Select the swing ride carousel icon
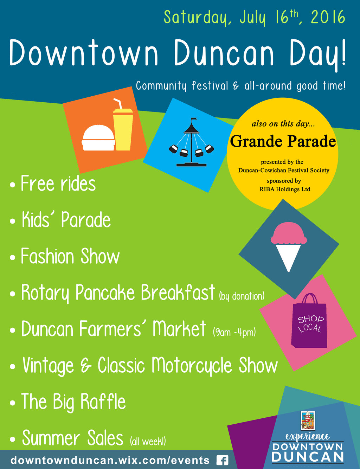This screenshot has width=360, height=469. click(192, 142)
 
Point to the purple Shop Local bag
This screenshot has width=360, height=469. click(309, 321)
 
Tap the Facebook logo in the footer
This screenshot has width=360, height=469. click(222, 460)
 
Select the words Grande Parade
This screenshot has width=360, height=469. click(283, 141)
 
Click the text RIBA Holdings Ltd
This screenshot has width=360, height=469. click(285, 189)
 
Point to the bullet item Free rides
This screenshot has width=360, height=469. click(53, 184)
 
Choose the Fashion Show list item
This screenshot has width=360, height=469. click(65, 256)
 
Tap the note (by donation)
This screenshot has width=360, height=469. click(242, 296)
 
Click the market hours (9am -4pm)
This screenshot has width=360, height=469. click(234, 332)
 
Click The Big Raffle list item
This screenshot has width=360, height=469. click(67, 401)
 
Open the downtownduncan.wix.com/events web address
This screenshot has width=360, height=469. click(110, 460)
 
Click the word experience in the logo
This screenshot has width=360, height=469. click(308, 436)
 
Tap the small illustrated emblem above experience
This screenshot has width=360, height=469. click(308, 420)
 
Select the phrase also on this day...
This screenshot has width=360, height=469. click(283, 124)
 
